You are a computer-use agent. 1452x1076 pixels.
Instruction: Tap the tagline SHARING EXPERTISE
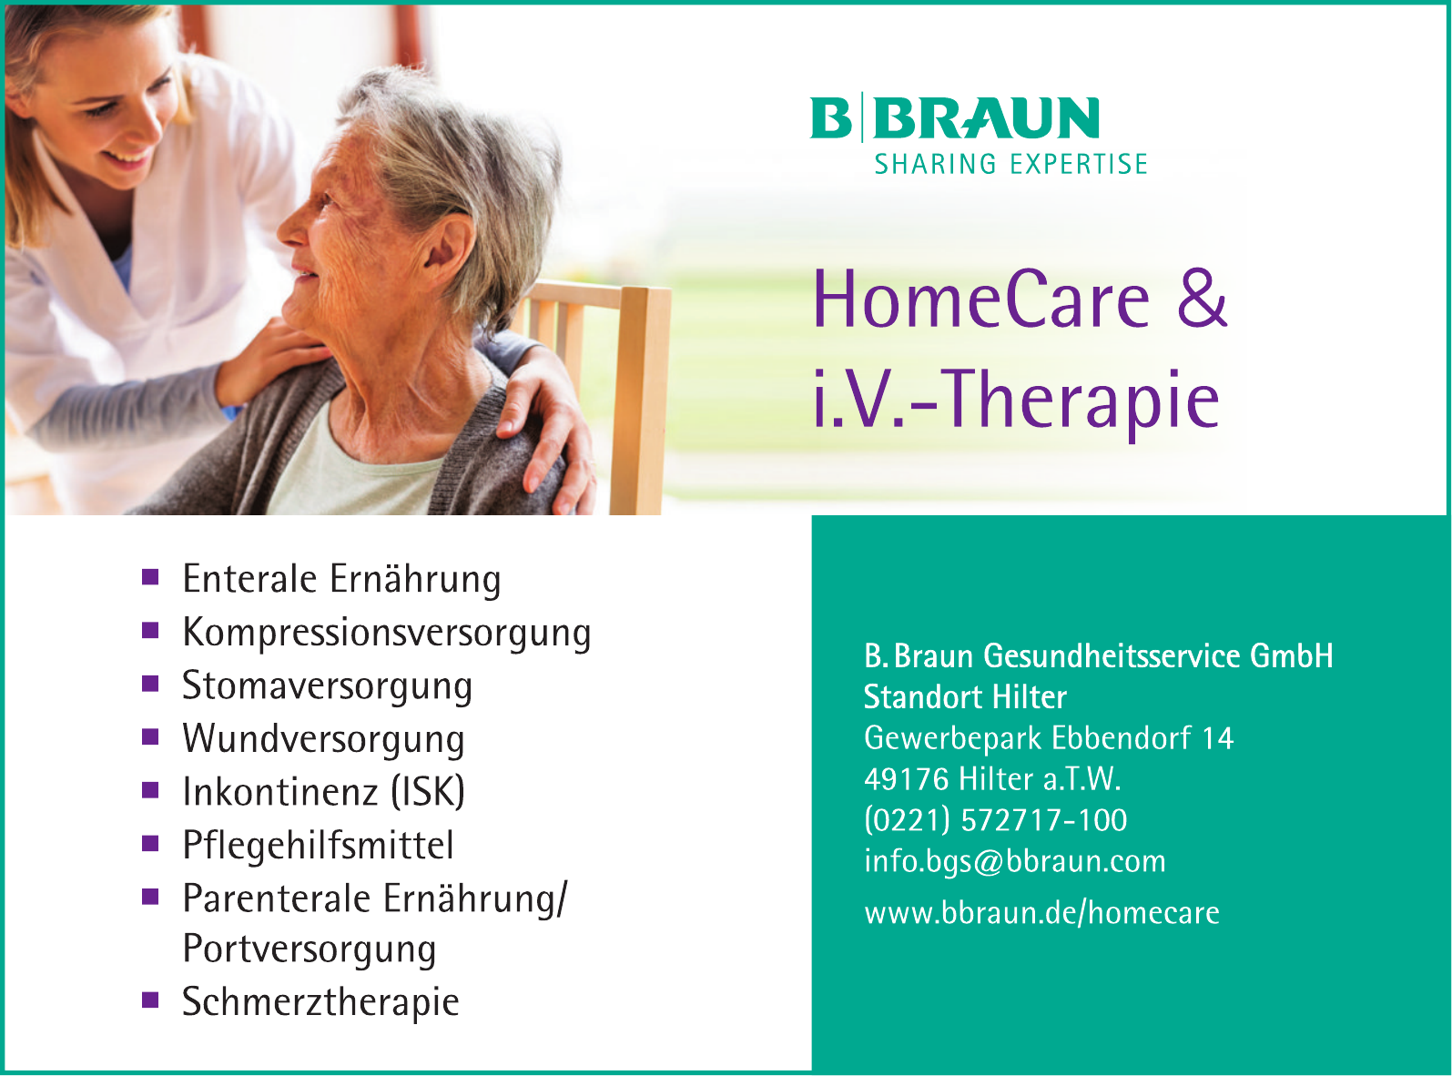[1010, 165]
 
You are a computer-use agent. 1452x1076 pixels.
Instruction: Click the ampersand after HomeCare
[1202, 299]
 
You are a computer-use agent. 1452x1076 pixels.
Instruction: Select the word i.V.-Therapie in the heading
[1016, 401]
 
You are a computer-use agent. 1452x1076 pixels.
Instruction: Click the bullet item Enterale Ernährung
[341, 580]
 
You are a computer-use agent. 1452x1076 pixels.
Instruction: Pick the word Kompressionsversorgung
[386, 633]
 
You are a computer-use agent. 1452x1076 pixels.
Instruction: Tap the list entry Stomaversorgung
[327, 685]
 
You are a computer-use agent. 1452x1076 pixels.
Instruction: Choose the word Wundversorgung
[323, 739]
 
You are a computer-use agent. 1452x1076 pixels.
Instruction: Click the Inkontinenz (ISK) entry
[323, 791]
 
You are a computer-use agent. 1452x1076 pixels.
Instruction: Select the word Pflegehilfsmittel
[318, 845]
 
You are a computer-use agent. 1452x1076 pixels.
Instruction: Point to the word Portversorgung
[309, 950]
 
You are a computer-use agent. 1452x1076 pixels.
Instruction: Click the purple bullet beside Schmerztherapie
[150, 1000]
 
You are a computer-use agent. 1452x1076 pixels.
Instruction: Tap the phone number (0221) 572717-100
[996, 820]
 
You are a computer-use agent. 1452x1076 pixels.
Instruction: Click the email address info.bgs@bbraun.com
[1015, 861]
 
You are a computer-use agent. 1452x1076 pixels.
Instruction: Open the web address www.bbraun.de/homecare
[1041, 912]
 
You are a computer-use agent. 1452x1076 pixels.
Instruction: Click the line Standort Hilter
[965, 696]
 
